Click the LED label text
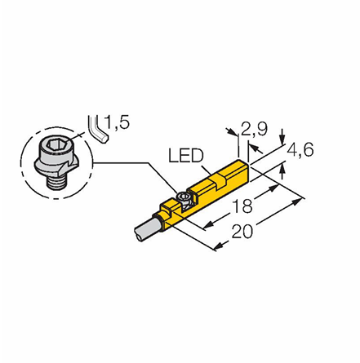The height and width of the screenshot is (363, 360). click(186, 156)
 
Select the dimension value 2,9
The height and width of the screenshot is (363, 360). click(255, 129)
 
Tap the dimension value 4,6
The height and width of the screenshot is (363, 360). click(300, 150)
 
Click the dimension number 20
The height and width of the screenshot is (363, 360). click(242, 232)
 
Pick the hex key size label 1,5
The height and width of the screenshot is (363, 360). click(117, 122)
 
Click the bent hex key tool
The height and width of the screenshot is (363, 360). click(98, 129)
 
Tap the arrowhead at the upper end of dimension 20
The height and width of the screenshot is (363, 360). click(297, 201)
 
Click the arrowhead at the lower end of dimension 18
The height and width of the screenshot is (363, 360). click(208, 225)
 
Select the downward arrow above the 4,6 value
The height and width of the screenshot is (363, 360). click(283, 136)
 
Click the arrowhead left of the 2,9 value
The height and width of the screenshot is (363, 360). click(232, 131)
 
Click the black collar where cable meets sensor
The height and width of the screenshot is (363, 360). click(158, 223)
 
